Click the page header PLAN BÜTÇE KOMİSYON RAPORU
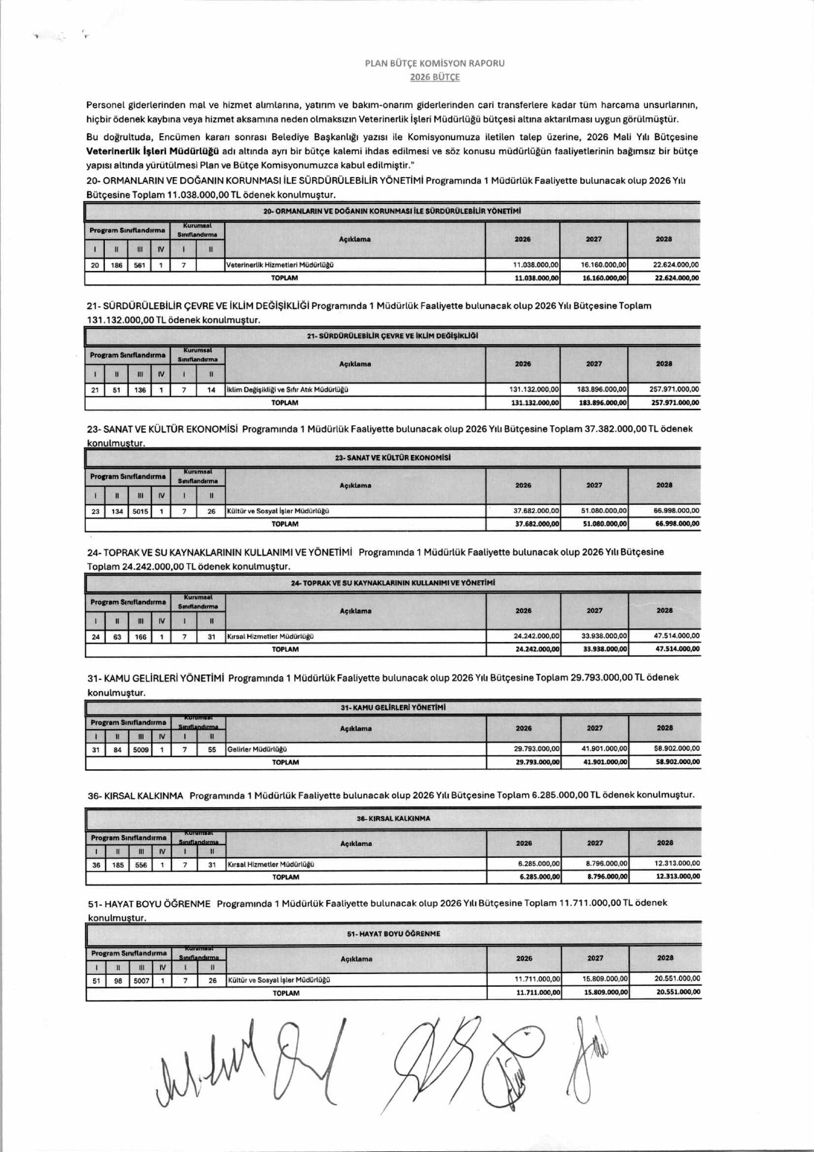coord(434,63)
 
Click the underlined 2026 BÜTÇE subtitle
coord(434,77)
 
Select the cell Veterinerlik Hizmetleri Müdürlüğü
coord(280,265)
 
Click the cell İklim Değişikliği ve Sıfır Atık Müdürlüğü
coord(287,389)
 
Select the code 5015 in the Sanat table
coord(140,512)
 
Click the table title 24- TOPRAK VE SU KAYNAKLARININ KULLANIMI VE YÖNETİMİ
coord(392,583)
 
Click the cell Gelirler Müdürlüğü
coord(257,750)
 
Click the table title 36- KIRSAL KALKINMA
coord(393,818)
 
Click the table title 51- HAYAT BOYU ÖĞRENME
coord(393,934)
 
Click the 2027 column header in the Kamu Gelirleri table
coord(594,728)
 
